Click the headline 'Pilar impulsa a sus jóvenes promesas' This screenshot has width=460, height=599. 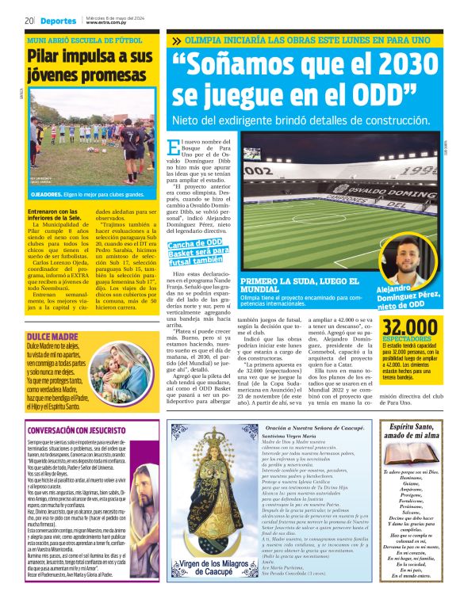point(89,67)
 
